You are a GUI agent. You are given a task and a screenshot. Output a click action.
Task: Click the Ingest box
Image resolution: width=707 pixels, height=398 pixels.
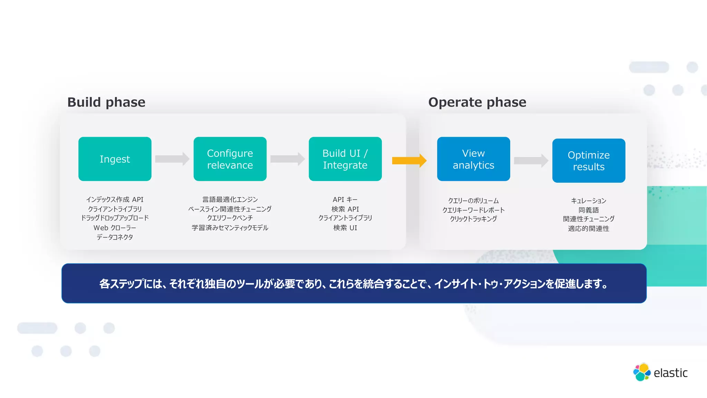(x=115, y=159)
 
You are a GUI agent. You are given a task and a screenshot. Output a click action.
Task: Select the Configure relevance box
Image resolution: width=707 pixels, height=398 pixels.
(x=230, y=159)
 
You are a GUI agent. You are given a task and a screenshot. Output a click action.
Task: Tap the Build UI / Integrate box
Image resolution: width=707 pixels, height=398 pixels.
(x=345, y=159)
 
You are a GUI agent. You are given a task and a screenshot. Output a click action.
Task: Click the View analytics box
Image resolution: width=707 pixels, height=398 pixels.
(x=473, y=159)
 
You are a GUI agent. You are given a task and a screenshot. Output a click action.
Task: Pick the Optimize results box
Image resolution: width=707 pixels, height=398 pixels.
(x=589, y=161)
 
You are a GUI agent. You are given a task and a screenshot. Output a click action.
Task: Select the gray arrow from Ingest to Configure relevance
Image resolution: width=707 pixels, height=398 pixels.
(x=172, y=159)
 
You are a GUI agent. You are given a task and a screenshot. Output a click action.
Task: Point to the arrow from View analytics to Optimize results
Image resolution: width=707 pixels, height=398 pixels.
(x=531, y=161)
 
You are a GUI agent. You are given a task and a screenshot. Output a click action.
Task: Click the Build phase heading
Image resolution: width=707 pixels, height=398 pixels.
(x=106, y=102)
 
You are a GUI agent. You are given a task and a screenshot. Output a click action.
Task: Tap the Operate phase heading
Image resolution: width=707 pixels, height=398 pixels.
(x=477, y=102)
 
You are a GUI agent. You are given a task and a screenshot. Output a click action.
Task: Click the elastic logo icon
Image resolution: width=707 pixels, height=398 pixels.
(x=642, y=372)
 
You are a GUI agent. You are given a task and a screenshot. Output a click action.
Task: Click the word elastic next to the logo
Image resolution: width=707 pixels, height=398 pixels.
(x=670, y=373)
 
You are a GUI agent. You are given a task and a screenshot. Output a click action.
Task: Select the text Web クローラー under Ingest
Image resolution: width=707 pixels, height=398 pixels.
(x=115, y=228)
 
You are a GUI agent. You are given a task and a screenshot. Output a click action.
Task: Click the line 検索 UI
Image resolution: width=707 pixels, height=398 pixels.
(x=345, y=228)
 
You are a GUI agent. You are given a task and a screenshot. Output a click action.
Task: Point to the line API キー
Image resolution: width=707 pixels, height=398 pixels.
(x=345, y=200)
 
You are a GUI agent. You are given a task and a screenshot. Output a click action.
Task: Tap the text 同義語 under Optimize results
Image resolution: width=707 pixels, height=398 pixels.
(x=589, y=210)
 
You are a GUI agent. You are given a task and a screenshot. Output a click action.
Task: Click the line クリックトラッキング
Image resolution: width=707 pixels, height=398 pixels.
(x=473, y=219)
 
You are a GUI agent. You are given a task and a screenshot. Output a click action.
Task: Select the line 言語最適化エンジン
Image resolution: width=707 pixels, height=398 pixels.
(x=230, y=200)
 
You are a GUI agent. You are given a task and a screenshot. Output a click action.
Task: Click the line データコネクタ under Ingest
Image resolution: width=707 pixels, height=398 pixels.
(x=115, y=237)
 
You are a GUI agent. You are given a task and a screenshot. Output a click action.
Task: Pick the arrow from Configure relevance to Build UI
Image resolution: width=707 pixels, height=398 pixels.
(x=287, y=159)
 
